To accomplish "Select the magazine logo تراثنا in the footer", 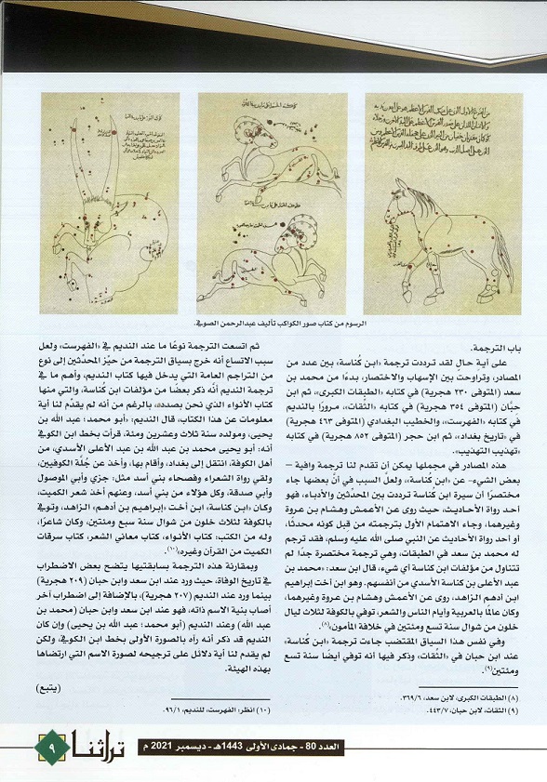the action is [94, 745].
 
